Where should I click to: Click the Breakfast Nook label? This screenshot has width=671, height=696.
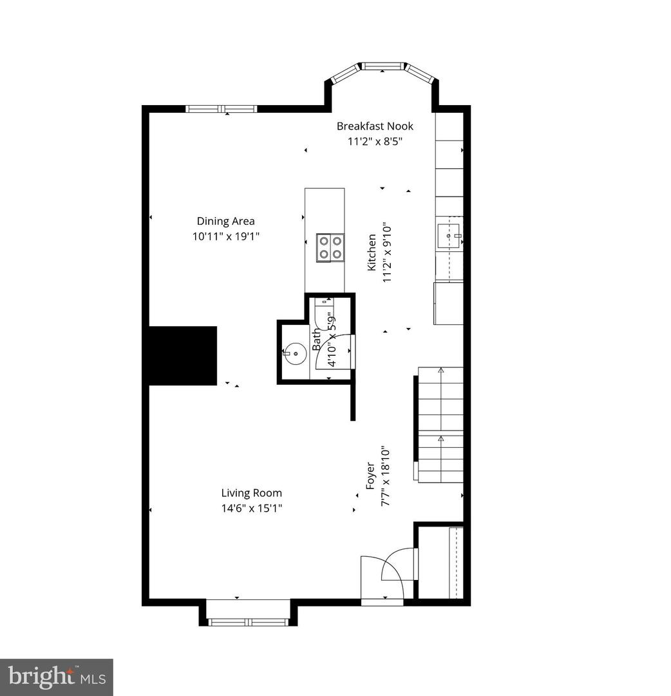[375, 126]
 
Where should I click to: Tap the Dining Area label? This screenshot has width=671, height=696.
[225, 221]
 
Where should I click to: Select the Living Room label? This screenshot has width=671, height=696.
[251, 493]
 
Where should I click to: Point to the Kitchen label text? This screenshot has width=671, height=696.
[372, 252]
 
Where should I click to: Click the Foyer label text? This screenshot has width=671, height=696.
[370, 475]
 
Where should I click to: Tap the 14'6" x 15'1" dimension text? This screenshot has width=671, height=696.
[251, 508]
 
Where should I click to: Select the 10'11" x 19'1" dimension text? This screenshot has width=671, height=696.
[225, 237]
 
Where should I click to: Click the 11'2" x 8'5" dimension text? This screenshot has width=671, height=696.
[375, 142]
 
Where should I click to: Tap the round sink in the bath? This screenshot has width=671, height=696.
[296, 353]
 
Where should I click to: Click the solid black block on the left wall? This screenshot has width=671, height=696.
[183, 356]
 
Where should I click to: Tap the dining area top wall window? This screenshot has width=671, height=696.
[221, 108]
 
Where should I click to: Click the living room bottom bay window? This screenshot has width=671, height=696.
[250, 622]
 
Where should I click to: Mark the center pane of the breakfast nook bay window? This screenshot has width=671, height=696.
[382, 66]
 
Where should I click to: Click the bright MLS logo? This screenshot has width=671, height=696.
[56, 677]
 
